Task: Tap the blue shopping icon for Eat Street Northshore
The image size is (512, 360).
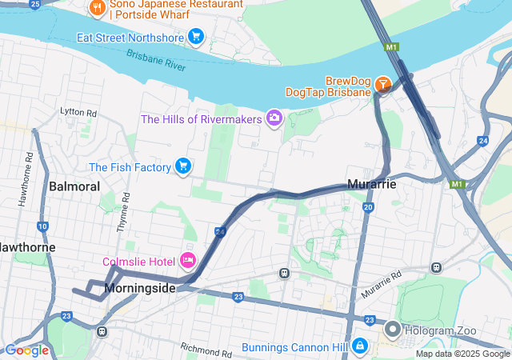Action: (196, 36)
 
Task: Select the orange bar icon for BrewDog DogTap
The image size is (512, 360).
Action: (382, 82)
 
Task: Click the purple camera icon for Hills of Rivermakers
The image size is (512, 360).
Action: (274, 118)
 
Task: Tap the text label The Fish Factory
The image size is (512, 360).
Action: (130, 167)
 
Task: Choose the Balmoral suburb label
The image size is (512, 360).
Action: (74, 186)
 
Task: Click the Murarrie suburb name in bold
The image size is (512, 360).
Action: (371, 184)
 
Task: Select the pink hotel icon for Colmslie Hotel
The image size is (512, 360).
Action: (189, 261)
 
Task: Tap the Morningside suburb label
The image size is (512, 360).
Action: (139, 288)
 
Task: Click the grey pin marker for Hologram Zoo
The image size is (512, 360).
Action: (392, 329)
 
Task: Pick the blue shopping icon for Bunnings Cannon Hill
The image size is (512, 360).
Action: (360, 346)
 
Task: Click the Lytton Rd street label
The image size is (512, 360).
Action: (78, 114)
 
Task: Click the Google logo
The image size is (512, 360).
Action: (26, 350)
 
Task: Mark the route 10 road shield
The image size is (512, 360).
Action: (42, 227)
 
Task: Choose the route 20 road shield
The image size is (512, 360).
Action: (367, 207)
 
